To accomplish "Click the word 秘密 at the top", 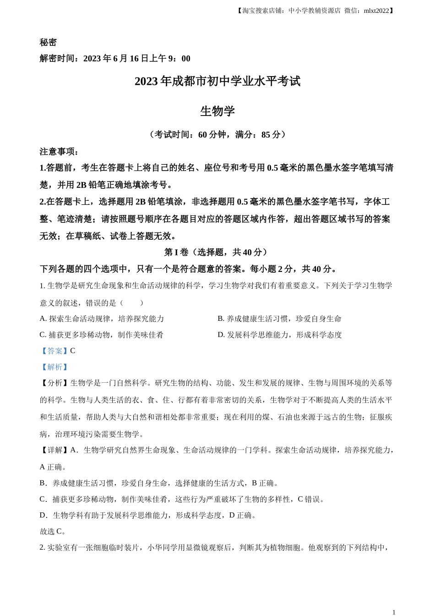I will (48, 42).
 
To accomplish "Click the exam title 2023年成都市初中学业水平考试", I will (217, 82).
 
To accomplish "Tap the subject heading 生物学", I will (217, 111).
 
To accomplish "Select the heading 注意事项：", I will (60, 151).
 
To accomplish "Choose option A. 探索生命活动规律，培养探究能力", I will (102, 319).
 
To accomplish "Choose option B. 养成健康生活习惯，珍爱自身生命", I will (279, 319).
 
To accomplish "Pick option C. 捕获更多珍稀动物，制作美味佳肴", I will (101, 335).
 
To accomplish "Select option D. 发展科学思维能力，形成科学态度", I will (279, 335).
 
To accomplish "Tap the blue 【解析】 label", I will (54, 367).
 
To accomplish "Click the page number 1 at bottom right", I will (393, 612).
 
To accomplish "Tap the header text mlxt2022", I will (376, 11).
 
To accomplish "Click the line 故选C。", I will (53, 531).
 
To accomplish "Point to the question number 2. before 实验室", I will (43, 547).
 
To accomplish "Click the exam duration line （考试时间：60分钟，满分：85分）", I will (217, 134).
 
